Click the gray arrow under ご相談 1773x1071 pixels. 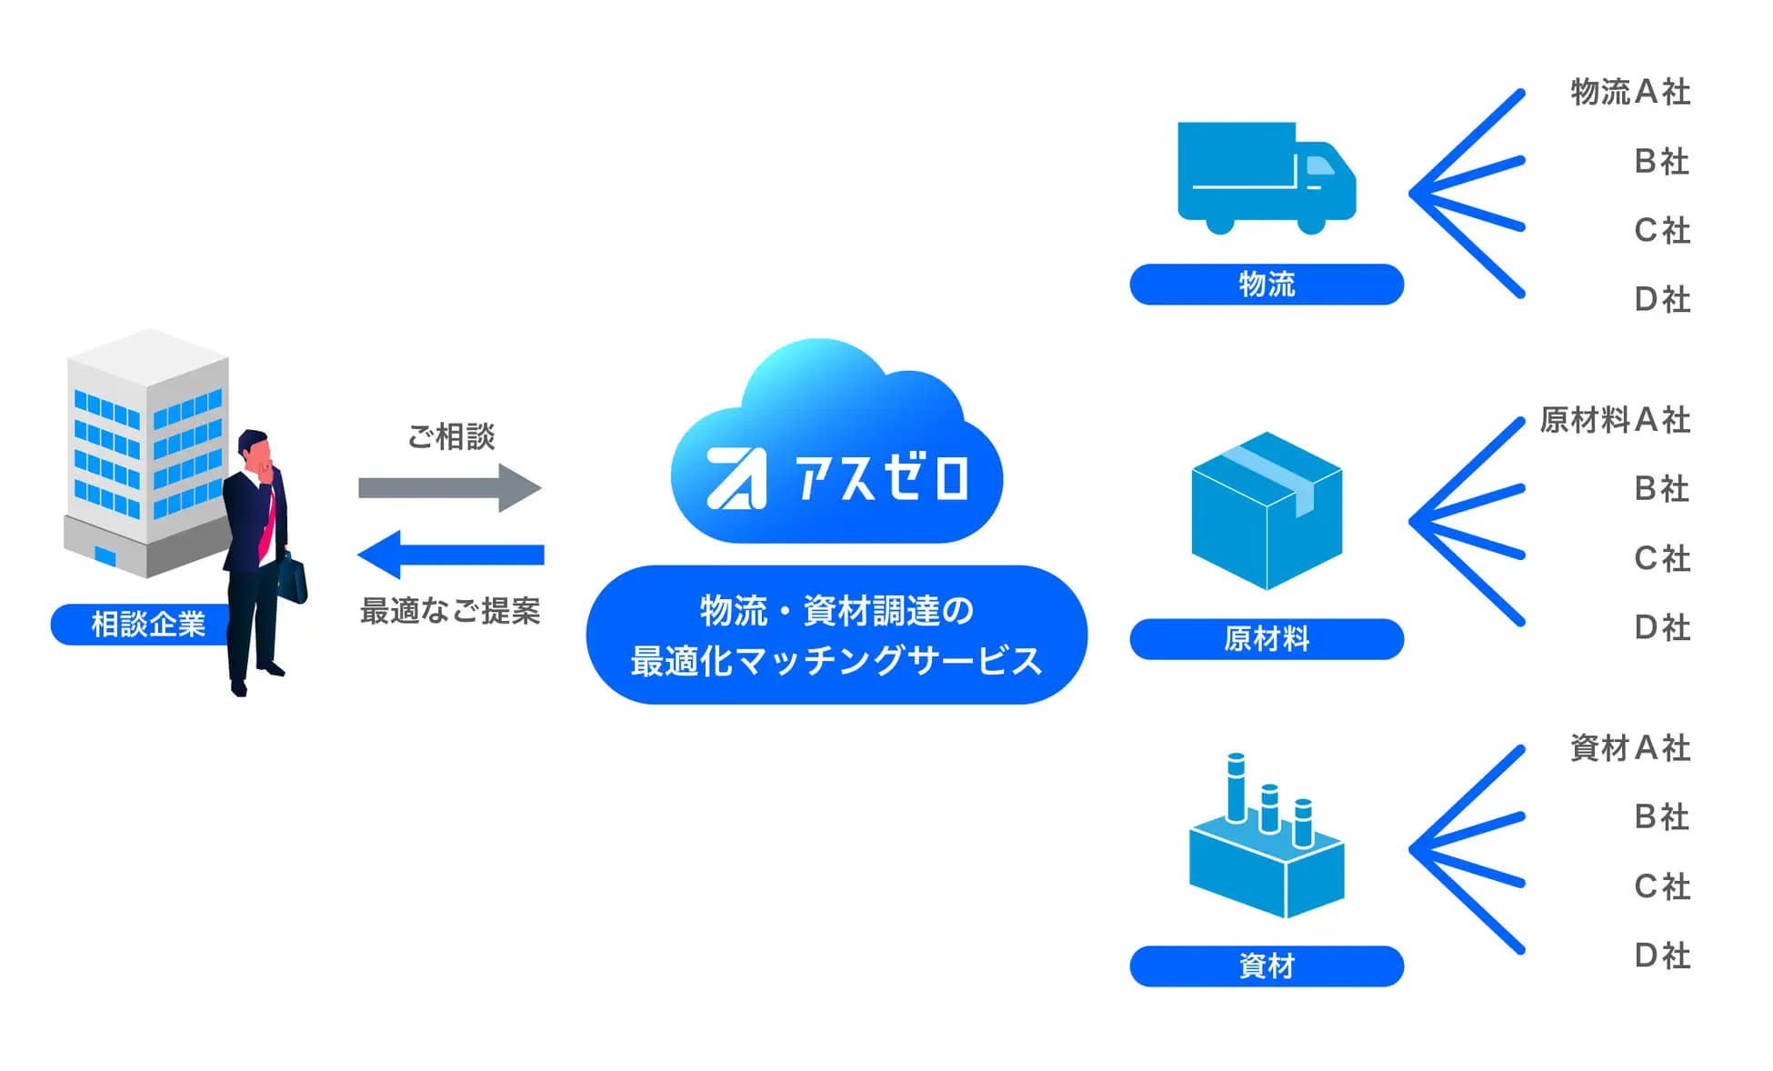tap(449, 488)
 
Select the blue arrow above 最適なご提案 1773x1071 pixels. tap(451, 555)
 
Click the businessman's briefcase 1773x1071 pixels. tap(293, 578)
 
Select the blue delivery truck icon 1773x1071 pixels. tap(1266, 177)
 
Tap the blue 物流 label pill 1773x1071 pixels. tap(1266, 285)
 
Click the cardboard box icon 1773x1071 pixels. tap(1266, 511)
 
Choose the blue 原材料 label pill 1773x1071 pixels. tap(1266, 639)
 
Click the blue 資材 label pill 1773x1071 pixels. tap(1266, 966)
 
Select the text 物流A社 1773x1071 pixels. tap(1629, 92)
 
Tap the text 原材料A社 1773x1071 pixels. tap(1615, 420)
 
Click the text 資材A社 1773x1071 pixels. tap(1629, 748)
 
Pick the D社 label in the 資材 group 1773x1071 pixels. tap(1662, 956)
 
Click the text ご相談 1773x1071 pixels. tap(451, 436)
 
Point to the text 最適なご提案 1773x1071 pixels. tap(450, 611)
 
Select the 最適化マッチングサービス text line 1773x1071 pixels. tap(836, 661)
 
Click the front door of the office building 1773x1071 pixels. tap(105, 556)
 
